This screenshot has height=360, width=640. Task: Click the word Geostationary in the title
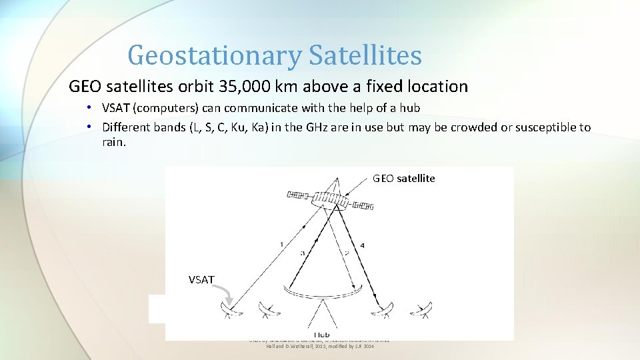coord(214,55)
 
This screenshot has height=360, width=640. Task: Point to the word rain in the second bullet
coord(113,142)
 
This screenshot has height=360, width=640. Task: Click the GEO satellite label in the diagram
coord(404,178)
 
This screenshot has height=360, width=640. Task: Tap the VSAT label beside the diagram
coord(201,280)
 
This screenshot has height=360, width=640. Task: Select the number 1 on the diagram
coord(281,245)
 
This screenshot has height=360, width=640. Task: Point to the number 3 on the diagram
coord(302,253)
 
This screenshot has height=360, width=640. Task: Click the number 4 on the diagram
coord(363,246)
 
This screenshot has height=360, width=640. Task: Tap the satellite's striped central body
coord(331,201)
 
